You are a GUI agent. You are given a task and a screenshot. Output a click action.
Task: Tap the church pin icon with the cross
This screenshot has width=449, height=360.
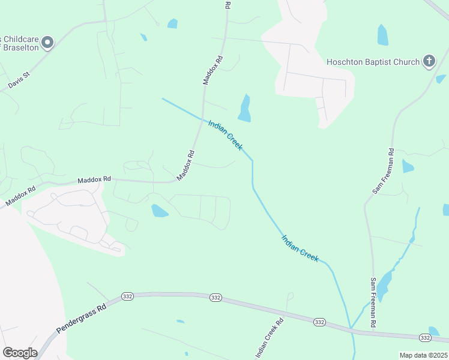429,61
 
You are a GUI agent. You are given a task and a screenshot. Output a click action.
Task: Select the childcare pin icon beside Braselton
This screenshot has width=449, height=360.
47,42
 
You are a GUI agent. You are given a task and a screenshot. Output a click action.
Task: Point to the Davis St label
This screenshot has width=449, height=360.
19,82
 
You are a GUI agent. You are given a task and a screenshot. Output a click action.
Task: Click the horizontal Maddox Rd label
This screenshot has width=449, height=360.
95,179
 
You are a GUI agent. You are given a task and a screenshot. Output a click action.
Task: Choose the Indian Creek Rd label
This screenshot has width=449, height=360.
270,338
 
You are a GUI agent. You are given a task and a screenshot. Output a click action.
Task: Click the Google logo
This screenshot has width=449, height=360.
20,352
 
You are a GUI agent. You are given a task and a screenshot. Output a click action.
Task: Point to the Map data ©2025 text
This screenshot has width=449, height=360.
423,355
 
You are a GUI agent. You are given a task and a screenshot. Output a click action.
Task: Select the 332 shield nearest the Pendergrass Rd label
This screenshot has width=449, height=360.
127,296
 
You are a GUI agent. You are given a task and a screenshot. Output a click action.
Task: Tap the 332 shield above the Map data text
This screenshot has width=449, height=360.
425,338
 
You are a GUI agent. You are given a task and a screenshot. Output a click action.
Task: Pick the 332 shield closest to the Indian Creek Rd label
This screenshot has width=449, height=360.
319,322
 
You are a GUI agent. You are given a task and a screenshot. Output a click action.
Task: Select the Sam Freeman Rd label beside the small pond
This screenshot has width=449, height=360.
383,171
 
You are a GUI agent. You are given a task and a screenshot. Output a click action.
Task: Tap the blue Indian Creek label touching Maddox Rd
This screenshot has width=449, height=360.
225,135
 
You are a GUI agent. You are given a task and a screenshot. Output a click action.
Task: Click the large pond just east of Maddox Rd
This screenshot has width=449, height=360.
244,108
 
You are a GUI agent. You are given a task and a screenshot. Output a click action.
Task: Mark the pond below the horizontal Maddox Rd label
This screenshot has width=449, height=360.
159,211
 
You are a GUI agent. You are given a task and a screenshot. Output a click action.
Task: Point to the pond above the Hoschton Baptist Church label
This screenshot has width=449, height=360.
382,35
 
